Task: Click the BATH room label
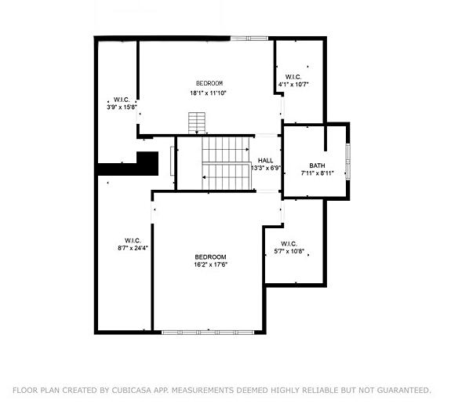point(317,165)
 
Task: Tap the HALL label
point(265,160)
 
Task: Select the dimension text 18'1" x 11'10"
point(209,93)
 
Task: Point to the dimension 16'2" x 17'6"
point(210,264)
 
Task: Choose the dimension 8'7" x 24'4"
point(132,248)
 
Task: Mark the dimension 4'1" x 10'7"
point(293,84)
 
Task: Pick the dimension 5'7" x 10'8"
point(289,253)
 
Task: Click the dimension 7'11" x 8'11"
point(318,173)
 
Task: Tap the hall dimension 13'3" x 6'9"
point(266,168)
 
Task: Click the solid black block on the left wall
point(125,165)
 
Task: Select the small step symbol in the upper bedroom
point(195,123)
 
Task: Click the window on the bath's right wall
point(348,161)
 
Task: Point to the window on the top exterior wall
point(250,38)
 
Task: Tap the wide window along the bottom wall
point(209,332)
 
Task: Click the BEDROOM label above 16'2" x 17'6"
point(210,256)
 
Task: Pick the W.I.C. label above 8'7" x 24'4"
point(132,240)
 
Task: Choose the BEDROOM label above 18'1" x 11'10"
point(209,83)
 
